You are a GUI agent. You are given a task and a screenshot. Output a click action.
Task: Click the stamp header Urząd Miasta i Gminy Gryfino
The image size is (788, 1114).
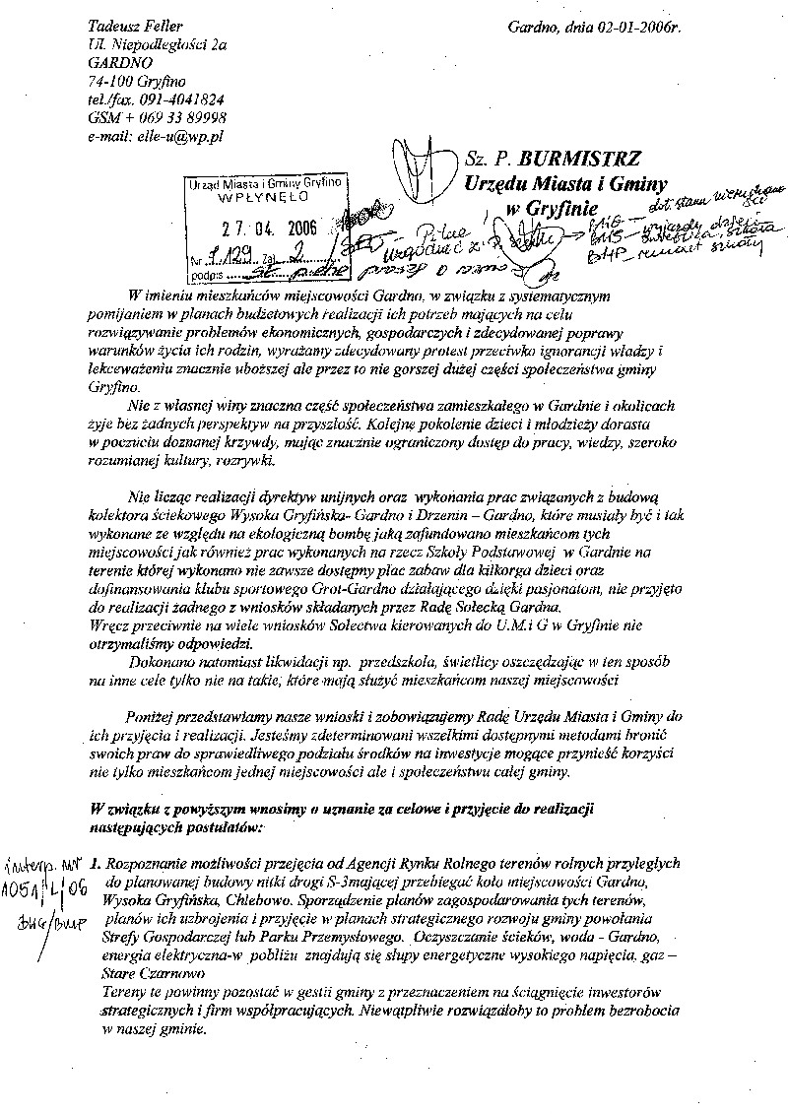coord(264,183)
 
